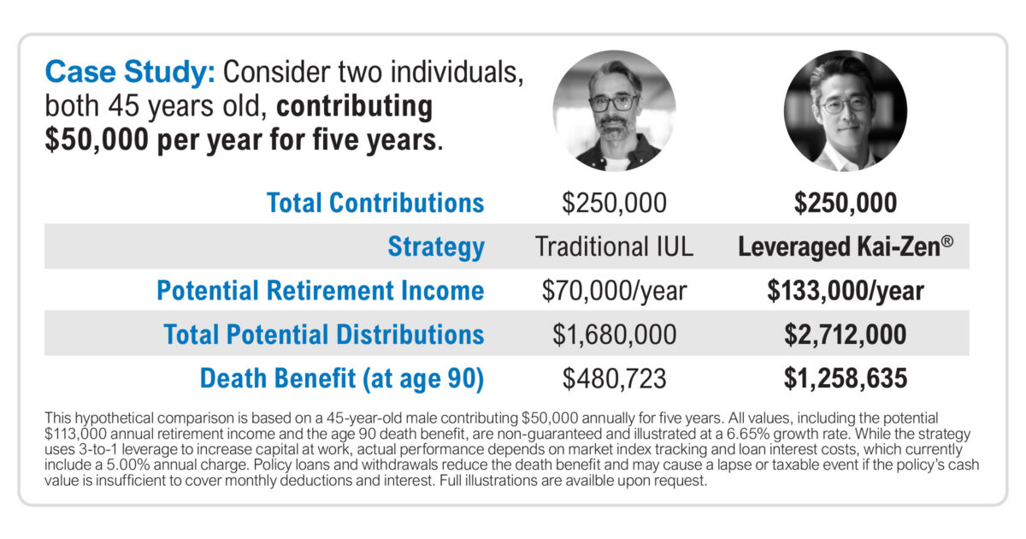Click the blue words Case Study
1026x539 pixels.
click(x=130, y=73)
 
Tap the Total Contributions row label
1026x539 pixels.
click(x=375, y=203)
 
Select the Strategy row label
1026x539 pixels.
click(x=436, y=247)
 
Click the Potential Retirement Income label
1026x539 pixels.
click(x=320, y=291)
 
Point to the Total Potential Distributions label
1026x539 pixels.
click(x=324, y=335)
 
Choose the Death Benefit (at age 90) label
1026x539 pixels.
click(x=342, y=378)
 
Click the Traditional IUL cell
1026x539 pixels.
click(x=614, y=246)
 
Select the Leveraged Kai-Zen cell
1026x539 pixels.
click(x=846, y=246)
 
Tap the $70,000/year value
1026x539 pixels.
click(x=614, y=291)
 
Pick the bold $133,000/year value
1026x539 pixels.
click(x=846, y=291)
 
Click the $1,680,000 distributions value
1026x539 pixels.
click(x=614, y=335)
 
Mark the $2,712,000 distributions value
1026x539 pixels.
click(x=846, y=335)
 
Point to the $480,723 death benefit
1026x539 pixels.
click(x=614, y=378)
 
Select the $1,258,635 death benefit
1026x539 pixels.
click(x=846, y=378)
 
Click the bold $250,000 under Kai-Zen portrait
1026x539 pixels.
click(x=846, y=203)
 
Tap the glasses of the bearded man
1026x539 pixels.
click(x=614, y=103)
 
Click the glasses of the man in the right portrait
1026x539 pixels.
click(x=846, y=105)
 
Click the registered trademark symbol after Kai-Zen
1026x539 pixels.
click(x=947, y=240)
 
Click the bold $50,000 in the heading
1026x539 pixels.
click(x=97, y=139)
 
